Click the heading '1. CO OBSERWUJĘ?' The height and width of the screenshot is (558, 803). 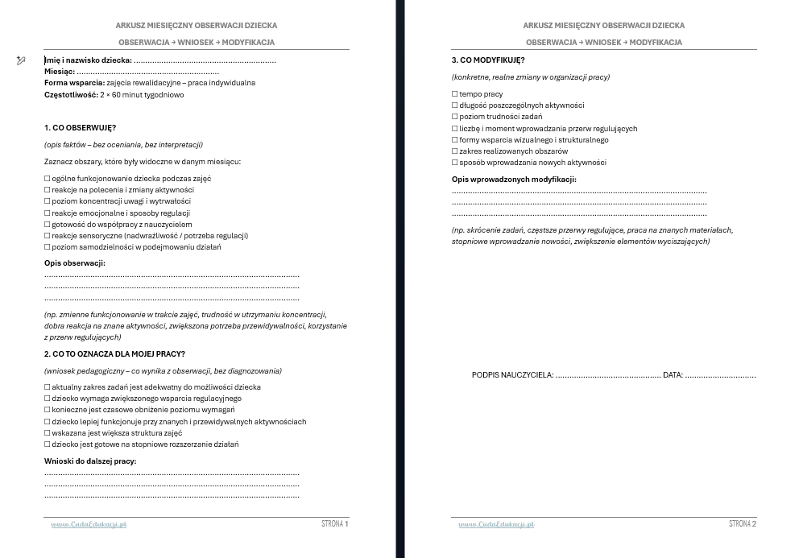pyautogui.click(x=80, y=128)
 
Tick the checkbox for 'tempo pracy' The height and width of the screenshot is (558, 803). pyautogui.click(x=454, y=94)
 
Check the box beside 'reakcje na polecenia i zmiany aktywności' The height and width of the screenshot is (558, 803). pyautogui.click(x=47, y=190)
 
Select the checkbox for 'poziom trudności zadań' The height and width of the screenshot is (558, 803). pyautogui.click(x=454, y=117)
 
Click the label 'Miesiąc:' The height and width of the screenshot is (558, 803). pyautogui.click(x=60, y=72)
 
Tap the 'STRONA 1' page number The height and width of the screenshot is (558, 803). pyautogui.click(x=335, y=524)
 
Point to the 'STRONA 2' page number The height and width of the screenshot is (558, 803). pyautogui.click(x=743, y=524)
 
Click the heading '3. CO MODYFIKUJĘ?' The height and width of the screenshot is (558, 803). pyautogui.click(x=488, y=60)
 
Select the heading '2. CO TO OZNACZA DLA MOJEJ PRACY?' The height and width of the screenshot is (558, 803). pyautogui.click(x=114, y=353)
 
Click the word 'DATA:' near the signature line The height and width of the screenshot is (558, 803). pyautogui.click(x=673, y=375)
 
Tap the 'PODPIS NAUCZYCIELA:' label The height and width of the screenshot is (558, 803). pyautogui.click(x=512, y=375)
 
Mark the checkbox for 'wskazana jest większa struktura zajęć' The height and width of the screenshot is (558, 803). pyautogui.click(x=47, y=433)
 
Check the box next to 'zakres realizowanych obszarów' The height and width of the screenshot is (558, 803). pyautogui.click(x=454, y=151)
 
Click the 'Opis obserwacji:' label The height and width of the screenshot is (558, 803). pyautogui.click(x=74, y=263)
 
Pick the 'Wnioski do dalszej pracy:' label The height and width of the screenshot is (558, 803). pyautogui.click(x=89, y=461)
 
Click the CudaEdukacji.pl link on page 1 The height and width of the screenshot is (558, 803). pyautogui.click(x=89, y=525)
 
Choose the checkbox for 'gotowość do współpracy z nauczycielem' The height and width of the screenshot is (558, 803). pyautogui.click(x=47, y=225)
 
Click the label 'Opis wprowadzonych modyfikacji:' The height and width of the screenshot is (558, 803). pyautogui.click(x=514, y=180)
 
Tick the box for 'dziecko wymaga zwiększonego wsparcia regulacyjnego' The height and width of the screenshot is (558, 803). pyautogui.click(x=47, y=399)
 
